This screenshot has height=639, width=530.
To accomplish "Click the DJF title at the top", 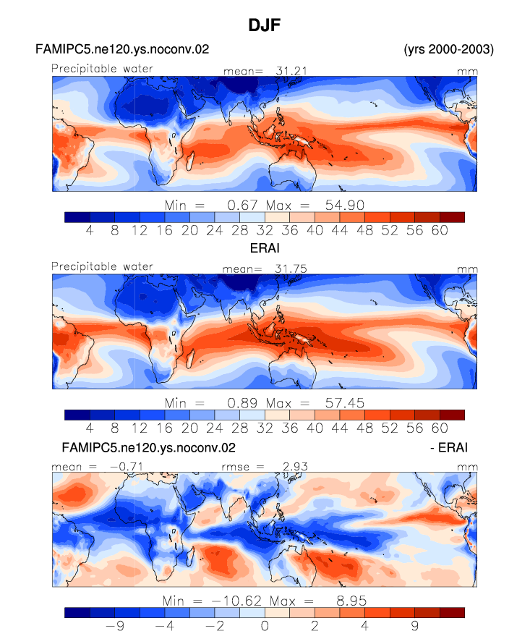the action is pyautogui.click(x=265, y=25).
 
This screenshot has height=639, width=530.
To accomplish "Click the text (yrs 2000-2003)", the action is pyautogui.click(x=448, y=49).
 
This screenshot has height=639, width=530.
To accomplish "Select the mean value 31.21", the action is pyautogui.click(x=291, y=71).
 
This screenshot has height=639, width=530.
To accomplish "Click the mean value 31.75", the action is pyautogui.click(x=291, y=269).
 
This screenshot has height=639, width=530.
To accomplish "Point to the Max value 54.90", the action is pyautogui.click(x=344, y=205).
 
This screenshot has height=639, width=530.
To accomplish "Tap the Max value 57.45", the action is pyautogui.click(x=344, y=403).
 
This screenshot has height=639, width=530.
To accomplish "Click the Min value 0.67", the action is pyautogui.click(x=242, y=205).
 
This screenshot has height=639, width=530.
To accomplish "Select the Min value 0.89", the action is pyautogui.click(x=242, y=403).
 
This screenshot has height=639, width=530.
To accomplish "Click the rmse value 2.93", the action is pyautogui.click(x=295, y=467).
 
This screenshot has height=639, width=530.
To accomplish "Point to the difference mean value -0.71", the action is pyautogui.click(x=127, y=467).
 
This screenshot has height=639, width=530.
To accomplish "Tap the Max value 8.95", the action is pyautogui.click(x=351, y=601).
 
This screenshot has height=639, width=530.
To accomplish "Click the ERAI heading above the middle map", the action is pyautogui.click(x=265, y=248).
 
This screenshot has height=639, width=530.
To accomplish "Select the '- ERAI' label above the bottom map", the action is pyautogui.click(x=448, y=447).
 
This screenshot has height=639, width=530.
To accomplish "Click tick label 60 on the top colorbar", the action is pyautogui.click(x=440, y=230).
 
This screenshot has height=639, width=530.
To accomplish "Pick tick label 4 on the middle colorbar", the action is pyautogui.click(x=90, y=428).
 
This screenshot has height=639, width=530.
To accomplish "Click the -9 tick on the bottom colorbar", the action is pyautogui.click(x=115, y=626).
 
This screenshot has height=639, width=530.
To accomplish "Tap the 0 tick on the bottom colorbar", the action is pyautogui.click(x=265, y=626).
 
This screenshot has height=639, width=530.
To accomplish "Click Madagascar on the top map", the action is pyautogui.click(x=190, y=161).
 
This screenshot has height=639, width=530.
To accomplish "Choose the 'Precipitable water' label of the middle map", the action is pyautogui.click(x=102, y=266).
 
